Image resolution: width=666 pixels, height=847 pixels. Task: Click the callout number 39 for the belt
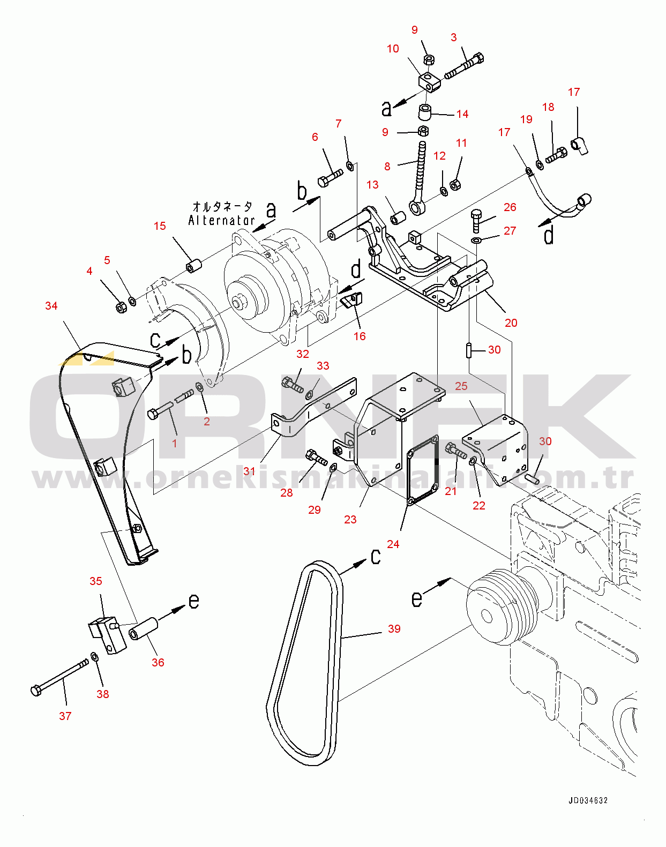(394, 629)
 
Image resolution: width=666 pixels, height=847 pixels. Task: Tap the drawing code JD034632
(588, 800)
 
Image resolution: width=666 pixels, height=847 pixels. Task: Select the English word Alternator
(221, 220)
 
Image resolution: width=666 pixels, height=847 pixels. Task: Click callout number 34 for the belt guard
(51, 306)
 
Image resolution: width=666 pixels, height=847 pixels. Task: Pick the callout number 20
(511, 323)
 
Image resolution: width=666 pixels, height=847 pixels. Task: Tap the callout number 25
(461, 386)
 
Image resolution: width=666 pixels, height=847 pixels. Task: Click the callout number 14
(462, 114)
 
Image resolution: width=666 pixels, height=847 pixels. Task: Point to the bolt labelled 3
(465, 65)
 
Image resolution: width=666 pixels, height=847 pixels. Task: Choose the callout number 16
(359, 336)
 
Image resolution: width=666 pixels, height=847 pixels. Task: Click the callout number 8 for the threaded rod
(387, 167)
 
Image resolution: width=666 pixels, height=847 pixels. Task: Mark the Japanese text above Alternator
(222, 206)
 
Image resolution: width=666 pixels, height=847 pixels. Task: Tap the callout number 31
(249, 471)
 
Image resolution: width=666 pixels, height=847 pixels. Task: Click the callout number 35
(95, 581)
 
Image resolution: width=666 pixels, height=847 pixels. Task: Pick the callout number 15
(160, 226)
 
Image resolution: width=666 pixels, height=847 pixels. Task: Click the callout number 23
(350, 520)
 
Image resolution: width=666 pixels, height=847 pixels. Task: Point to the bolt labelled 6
(329, 178)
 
